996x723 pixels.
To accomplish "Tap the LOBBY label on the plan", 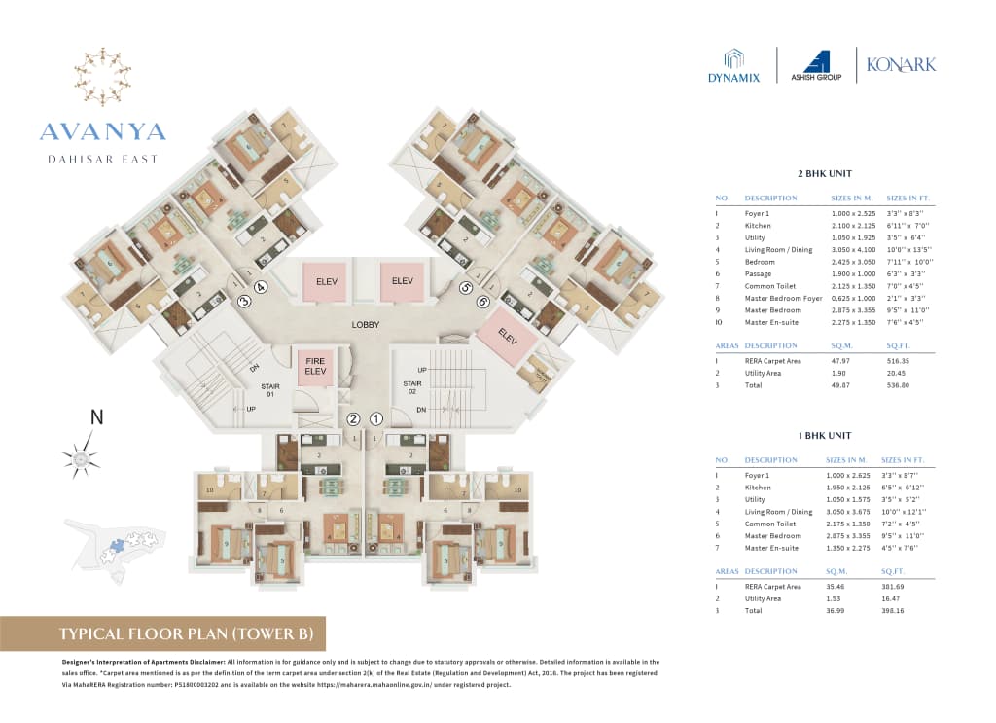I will tap(366, 324).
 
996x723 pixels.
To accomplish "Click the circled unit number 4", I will tap(260, 287).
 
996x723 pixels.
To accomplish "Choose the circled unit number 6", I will tap(482, 302).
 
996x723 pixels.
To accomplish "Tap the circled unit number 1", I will tap(375, 419).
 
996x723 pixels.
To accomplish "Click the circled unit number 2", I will tap(353, 419).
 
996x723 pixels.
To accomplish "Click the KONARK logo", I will tap(902, 64).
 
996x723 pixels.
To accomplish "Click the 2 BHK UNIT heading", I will tap(824, 174).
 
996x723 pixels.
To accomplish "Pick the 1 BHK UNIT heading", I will tap(824, 437).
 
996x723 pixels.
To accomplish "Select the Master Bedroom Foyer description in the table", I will tap(783, 298).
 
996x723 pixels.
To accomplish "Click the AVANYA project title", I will tap(103, 131).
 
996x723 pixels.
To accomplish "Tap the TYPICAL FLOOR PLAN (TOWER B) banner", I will tap(162, 634).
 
